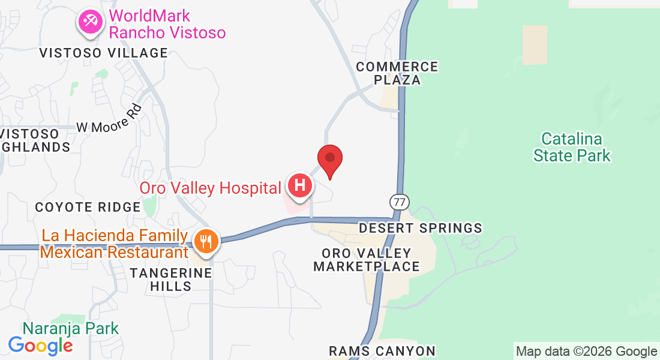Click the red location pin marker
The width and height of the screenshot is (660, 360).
tap(329, 160)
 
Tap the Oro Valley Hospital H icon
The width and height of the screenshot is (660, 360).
tap(300, 186)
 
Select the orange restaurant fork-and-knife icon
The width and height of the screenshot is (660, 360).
tap(206, 242)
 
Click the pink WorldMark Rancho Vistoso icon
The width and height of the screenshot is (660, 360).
tap(91, 22)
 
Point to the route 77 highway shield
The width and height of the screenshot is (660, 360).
tap(398, 201)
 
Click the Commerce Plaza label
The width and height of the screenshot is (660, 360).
tap(397, 73)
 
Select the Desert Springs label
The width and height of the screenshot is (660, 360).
tap(420, 228)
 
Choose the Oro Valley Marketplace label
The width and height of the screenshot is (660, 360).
tap(367, 260)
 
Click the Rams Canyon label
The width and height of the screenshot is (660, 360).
tap(382, 350)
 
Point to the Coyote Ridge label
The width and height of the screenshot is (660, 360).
tap(88, 207)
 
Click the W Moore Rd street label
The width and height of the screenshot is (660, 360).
tap(110, 120)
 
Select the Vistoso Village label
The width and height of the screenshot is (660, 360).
tap(103, 53)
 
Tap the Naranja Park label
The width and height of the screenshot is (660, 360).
tap(71, 328)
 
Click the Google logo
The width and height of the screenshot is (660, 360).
tap(40, 345)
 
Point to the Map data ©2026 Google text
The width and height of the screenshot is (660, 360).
tap(586, 352)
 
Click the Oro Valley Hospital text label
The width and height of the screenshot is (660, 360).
tap(210, 188)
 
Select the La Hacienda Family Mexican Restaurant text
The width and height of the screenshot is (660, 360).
tap(114, 244)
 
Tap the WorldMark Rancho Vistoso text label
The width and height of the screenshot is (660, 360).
tap(167, 24)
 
